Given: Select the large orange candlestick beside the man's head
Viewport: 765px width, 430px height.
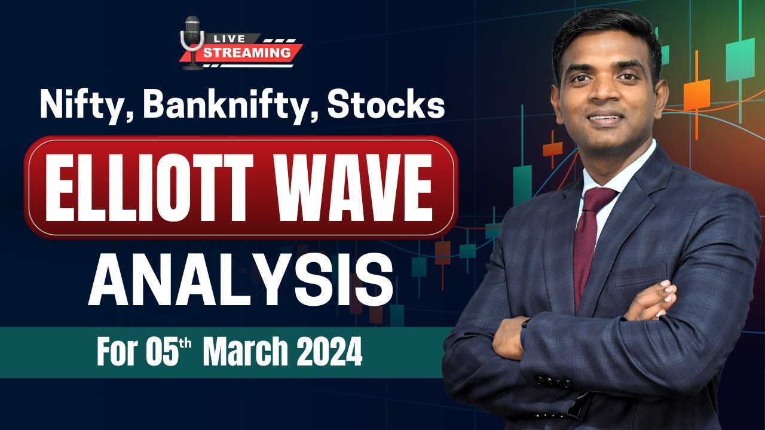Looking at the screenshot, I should (696, 94).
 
